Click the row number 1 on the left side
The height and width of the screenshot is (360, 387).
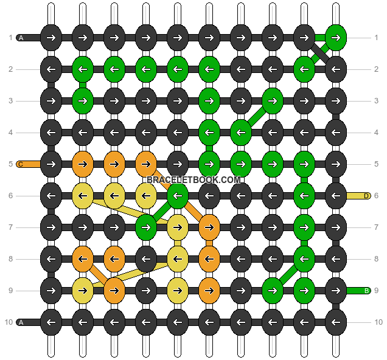click(10, 38)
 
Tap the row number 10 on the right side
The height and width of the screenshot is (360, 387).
click(377, 322)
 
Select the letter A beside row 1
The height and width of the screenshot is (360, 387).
click(21, 38)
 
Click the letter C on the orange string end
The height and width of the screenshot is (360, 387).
click(20, 164)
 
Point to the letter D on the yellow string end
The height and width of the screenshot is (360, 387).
click(366, 196)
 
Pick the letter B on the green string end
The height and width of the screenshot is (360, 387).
click(366, 291)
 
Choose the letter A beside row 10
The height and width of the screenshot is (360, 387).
click(21, 322)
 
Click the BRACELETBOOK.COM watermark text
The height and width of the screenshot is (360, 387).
click(194, 180)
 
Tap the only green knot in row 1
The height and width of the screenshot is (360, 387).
click(335, 38)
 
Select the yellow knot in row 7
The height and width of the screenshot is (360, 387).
click(177, 227)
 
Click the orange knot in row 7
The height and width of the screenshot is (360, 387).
click(209, 227)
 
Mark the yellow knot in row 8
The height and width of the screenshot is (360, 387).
click(177, 259)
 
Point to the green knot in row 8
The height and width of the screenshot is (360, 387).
click(304, 259)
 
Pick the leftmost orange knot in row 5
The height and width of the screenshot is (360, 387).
click(82, 164)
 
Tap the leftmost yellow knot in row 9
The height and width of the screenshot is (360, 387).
click(82, 291)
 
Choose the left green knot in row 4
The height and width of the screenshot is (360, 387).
click(209, 133)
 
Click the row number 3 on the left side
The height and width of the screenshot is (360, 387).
click(10, 101)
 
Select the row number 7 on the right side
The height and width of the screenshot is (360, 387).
click(377, 227)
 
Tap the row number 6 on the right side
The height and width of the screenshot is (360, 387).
click(377, 196)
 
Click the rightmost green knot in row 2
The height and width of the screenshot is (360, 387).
click(304, 69)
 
